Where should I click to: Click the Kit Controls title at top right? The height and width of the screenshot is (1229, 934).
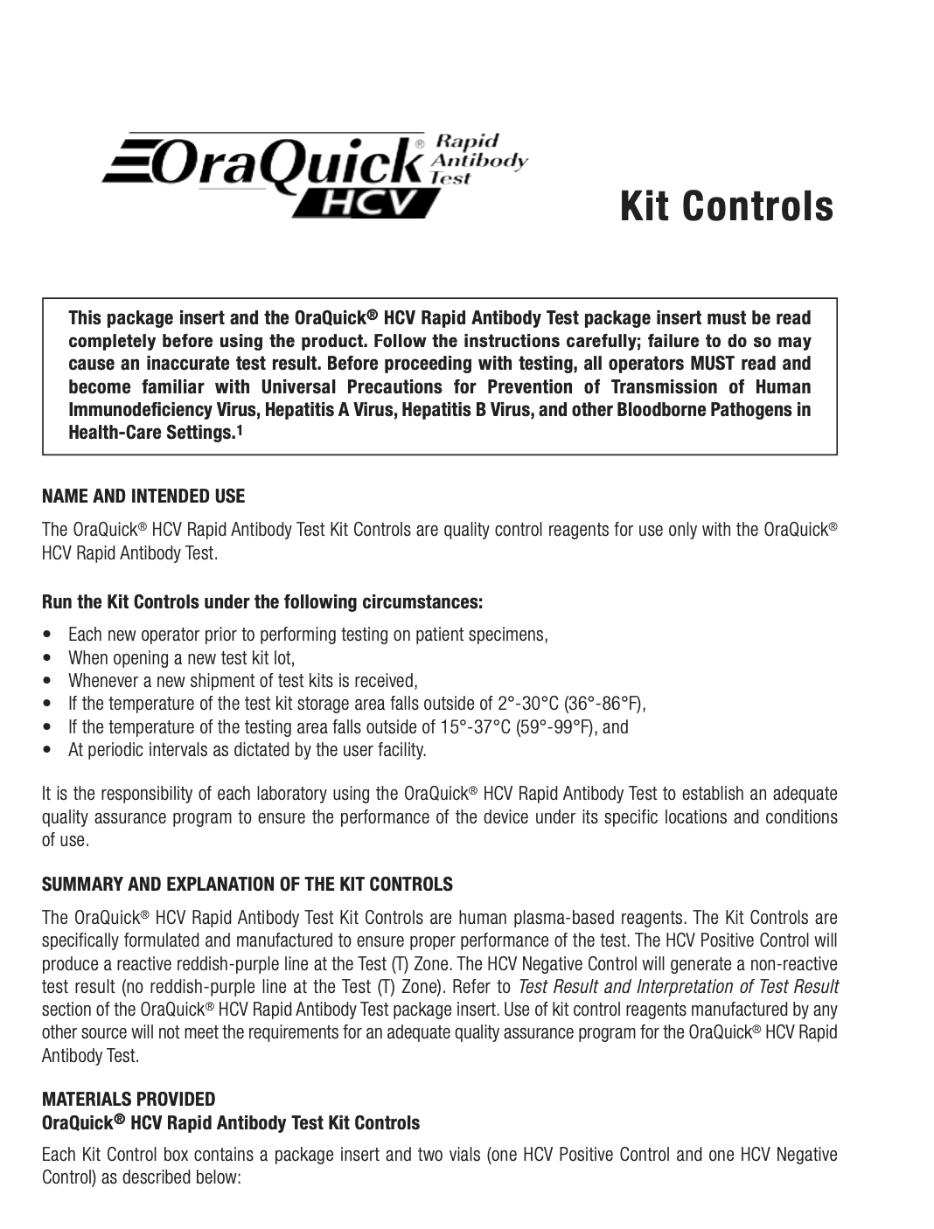(727, 207)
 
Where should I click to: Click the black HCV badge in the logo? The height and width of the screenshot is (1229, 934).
(367, 204)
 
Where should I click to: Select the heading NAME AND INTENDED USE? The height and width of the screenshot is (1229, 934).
(144, 496)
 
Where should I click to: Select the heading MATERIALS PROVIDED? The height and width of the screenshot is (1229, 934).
(129, 1099)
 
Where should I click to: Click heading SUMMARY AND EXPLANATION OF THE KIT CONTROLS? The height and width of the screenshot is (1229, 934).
(248, 885)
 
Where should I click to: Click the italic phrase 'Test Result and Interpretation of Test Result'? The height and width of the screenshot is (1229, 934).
(679, 987)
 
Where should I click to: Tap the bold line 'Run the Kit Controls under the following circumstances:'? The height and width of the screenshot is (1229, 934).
(262, 603)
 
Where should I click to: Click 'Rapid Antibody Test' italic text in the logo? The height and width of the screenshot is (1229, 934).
(479, 160)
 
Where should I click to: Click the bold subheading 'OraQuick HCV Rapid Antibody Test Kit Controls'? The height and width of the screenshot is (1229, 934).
(231, 1122)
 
